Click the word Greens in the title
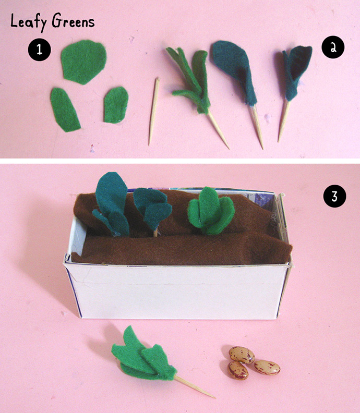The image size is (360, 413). pos(73,21)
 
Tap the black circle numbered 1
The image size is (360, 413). pos(40,50)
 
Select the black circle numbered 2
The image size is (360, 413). pos(333,47)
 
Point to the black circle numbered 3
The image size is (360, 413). pos(334,196)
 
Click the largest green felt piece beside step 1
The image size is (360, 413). pos(84,62)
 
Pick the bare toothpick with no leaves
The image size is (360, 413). pos(154,111)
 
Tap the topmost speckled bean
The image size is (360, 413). pos(242,355)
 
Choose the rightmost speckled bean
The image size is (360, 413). pos(267,367)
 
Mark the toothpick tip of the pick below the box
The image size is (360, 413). pos(215,398)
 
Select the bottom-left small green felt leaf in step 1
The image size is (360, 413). pos(65,110)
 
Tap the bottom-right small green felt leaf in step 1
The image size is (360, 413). pos(116,105)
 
